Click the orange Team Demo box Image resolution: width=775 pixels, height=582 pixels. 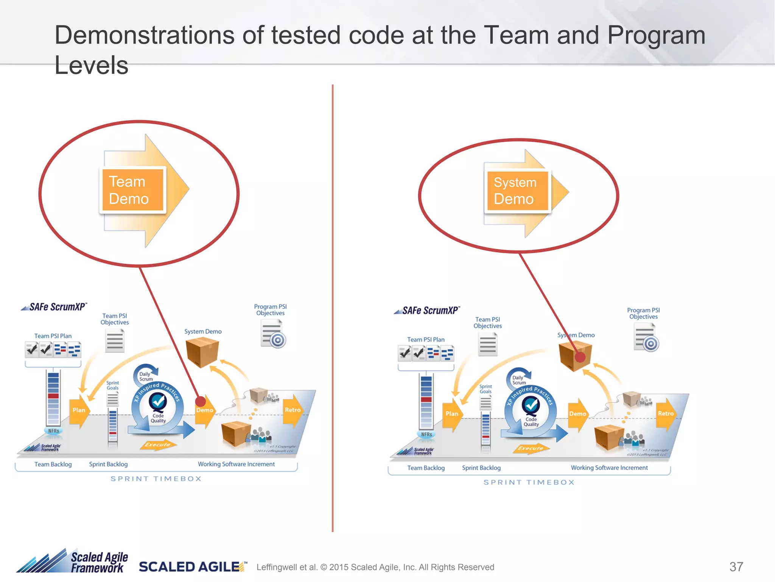point(132,190)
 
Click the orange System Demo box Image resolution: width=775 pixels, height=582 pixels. point(517,191)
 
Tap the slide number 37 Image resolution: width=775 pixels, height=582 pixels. point(736,566)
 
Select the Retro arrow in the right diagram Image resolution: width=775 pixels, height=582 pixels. point(666,414)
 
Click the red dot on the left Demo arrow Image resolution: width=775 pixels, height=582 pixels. point(200,401)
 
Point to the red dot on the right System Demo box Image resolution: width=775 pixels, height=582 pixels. point(580,357)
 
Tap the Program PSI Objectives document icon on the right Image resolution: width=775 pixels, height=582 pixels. point(646,337)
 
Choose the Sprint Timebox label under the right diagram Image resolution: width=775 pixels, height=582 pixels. point(529,482)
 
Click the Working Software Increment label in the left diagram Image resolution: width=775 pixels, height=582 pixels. point(236,464)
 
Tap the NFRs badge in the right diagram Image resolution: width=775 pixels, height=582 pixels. point(426,435)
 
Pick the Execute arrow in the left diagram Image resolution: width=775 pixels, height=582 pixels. point(157,444)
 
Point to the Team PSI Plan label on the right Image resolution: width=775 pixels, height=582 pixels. point(426,339)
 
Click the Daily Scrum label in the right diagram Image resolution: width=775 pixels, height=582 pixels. point(519,380)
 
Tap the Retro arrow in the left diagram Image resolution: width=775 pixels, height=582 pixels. point(293,410)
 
